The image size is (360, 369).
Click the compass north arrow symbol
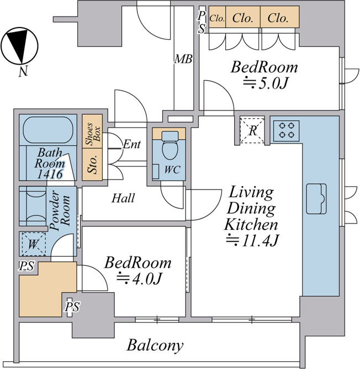tap(19, 46)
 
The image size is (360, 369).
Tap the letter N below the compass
tap(23, 71)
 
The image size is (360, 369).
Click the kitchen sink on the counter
tap(316, 199)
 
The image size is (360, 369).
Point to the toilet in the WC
tap(171, 145)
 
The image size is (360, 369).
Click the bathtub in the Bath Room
tap(48, 130)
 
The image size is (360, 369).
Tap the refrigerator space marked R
tap(252, 130)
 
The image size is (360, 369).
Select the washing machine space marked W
tap(34, 244)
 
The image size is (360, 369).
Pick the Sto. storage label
tap(92, 164)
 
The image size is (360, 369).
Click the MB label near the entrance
tap(183, 59)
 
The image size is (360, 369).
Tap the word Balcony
tap(155, 345)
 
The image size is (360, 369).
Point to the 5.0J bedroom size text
tap(266, 83)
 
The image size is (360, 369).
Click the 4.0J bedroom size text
tap(139, 279)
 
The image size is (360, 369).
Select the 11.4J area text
tap(252, 240)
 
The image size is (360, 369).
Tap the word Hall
tap(123, 198)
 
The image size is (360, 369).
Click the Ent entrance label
tap(132, 144)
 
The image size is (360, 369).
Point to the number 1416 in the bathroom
tap(50, 174)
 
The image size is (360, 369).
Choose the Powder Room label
tap(60, 210)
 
